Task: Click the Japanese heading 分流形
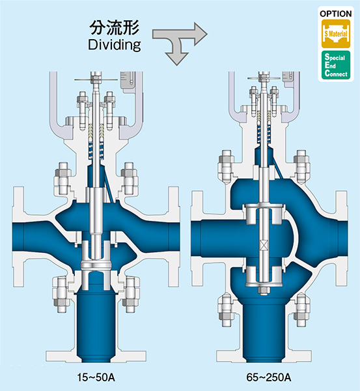[x=114, y=27]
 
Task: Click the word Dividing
[x=115, y=45]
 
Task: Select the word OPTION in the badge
[x=335, y=14]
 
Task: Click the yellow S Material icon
[x=336, y=34]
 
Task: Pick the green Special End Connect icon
[x=336, y=65]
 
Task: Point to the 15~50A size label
[x=96, y=377]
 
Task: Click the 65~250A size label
[x=269, y=377]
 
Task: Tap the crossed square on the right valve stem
[x=264, y=246]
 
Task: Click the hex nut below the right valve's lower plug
[x=264, y=291]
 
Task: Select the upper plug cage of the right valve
[x=264, y=214]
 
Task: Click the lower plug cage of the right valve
[x=264, y=276]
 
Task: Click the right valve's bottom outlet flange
[x=264, y=356]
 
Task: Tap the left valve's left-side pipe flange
[x=18, y=237]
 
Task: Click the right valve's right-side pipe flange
[x=341, y=238]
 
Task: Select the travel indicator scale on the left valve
[x=128, y=80]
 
